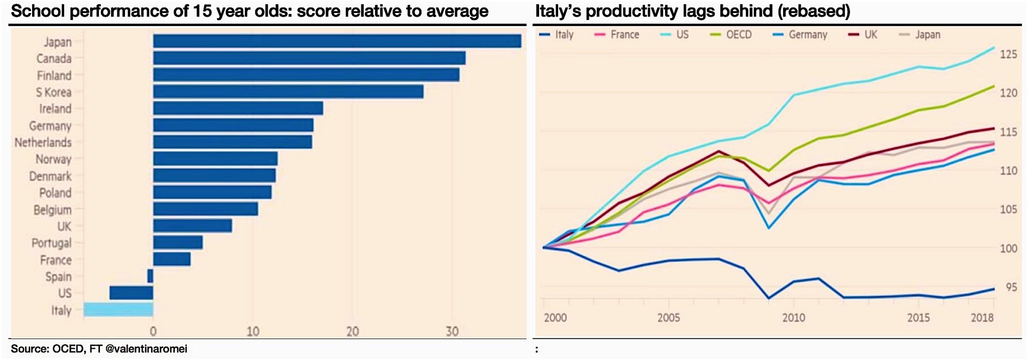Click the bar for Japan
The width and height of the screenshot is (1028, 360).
click(x=337, y=41)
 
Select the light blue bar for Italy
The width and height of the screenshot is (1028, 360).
click(x=118, y=309)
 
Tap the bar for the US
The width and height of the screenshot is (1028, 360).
click(x=131, y=293)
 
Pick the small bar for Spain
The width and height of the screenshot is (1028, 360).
click(x=150, y=276)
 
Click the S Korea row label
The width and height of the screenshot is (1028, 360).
click(x=53, y=92)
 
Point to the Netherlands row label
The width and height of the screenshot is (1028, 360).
click(x=43, y=143)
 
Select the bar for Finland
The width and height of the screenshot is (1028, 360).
click(x=306, y=75)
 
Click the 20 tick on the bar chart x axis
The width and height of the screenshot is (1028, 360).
click(x=352, y=331)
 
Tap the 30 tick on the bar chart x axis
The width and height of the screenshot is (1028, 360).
click(x=452, y=331)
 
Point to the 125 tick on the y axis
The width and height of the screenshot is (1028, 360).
click(x=1008, y=54)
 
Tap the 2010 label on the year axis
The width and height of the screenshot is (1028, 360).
click(x=794, y=318)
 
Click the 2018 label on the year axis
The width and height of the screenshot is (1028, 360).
click(x=982, y=318)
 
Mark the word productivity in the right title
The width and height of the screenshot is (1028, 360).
click(x=622, y=11)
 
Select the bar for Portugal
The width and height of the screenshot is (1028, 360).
click(x=178, y=243)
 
